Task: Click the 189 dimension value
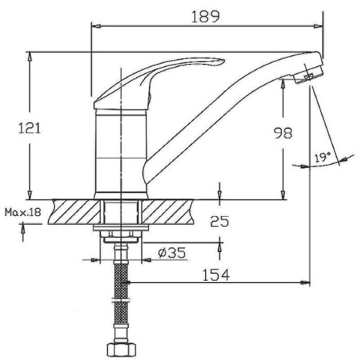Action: (205, 17)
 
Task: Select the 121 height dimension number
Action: (30, 128)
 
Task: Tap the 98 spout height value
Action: (284, 132)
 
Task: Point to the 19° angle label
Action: (323, 157)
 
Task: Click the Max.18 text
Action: (23, 212)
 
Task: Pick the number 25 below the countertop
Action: (220, 221)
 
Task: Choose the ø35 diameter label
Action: (172, 253)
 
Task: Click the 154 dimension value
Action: (216, 275)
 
